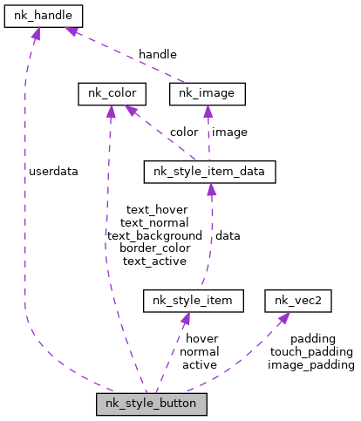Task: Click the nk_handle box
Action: (44, 17)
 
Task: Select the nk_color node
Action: (112, 94)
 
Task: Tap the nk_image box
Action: (208, 94)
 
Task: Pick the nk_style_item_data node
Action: (210, 172)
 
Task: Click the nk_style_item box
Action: (194, 301)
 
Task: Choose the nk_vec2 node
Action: (298, 301)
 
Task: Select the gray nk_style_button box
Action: (152, 404)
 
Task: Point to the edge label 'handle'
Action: (158, 54)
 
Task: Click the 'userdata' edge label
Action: (53, 172)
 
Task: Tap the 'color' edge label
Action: (184, 132)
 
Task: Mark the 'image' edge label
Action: (229, 132)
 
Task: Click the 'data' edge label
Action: (228, 235)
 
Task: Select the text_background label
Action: (154, 236)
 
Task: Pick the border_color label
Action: (155, 248)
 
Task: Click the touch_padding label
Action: (311, 352)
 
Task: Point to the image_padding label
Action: (311, 365)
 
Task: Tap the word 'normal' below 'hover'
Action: (200, 352)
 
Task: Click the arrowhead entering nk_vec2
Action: (284, 318)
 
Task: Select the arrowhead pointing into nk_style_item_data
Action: (211, 189)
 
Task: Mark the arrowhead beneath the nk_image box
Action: (208, 112)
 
